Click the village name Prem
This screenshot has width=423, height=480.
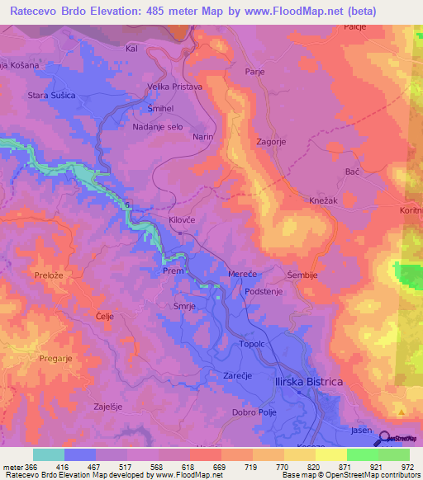click(x=172, y=271)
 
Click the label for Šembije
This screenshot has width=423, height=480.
click(x=301, y=275)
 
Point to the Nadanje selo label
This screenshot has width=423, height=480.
click(x=157, y=127)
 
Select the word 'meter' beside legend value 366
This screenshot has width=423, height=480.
click(x=12, y=466)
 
